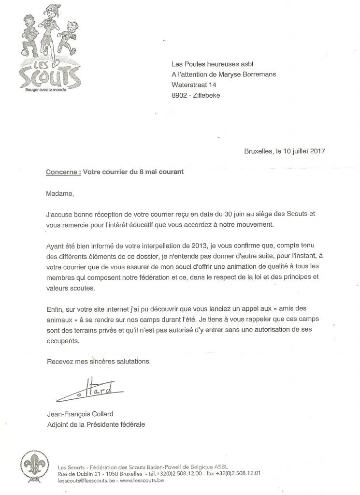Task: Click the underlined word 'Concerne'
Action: click(x=61, y=173)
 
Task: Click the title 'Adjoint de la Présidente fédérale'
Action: click(x=96, y=425)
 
